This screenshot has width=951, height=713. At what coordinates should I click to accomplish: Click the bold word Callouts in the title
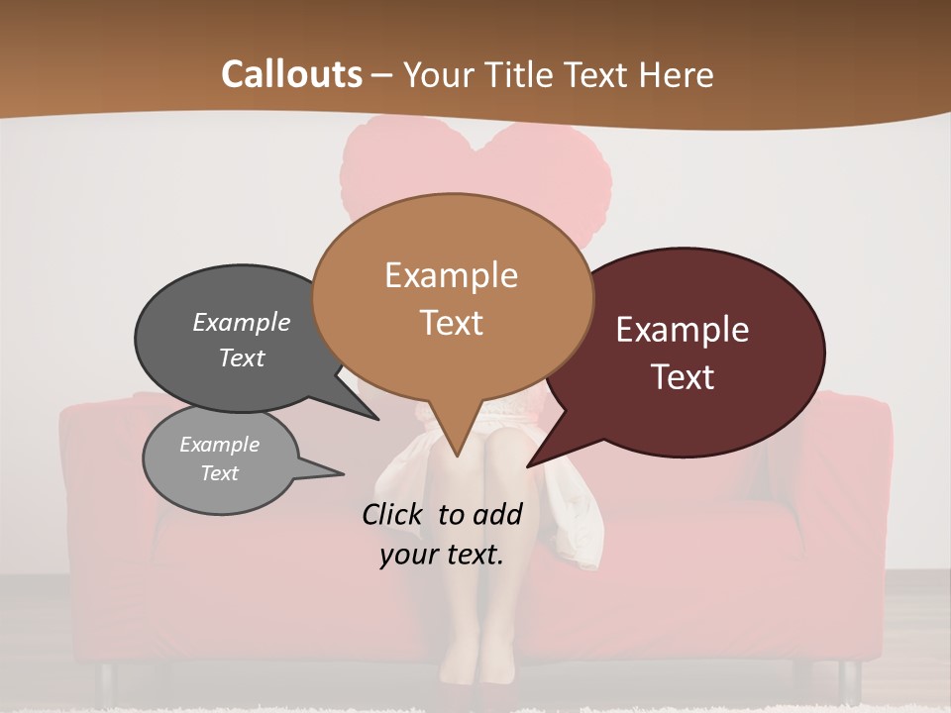[x=291, y=74]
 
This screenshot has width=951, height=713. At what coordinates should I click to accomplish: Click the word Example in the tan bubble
[x=451, y=275]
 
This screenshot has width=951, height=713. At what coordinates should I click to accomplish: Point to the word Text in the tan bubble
[x=451, y=323]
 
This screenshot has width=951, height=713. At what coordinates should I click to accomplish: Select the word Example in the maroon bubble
[x=683, y=330]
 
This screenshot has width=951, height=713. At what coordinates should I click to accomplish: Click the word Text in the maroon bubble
[x=683, y=377]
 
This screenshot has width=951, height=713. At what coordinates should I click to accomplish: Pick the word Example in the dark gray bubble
[x=242, y=322]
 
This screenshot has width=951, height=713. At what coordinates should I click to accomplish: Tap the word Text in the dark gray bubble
[x=242, y=357]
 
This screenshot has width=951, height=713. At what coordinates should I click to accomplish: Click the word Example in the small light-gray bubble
[x=220, y=445]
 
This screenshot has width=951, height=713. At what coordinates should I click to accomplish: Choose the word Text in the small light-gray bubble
[x=220, y=473]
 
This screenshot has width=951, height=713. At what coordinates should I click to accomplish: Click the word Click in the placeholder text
[x=395, y=514]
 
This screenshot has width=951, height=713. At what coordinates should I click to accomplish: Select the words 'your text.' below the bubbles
[x=442, y=556]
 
